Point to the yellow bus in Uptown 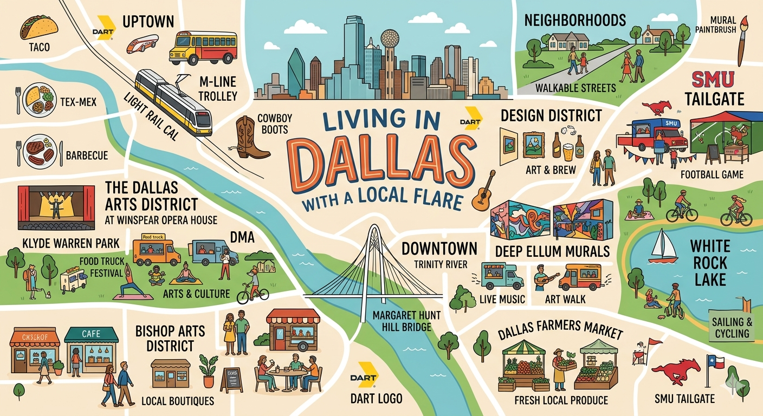(x=203, y=48)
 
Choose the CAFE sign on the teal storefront (x=91, y=334)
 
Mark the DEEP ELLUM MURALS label (x=552, y=251)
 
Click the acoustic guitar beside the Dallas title (x=484, y=192)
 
